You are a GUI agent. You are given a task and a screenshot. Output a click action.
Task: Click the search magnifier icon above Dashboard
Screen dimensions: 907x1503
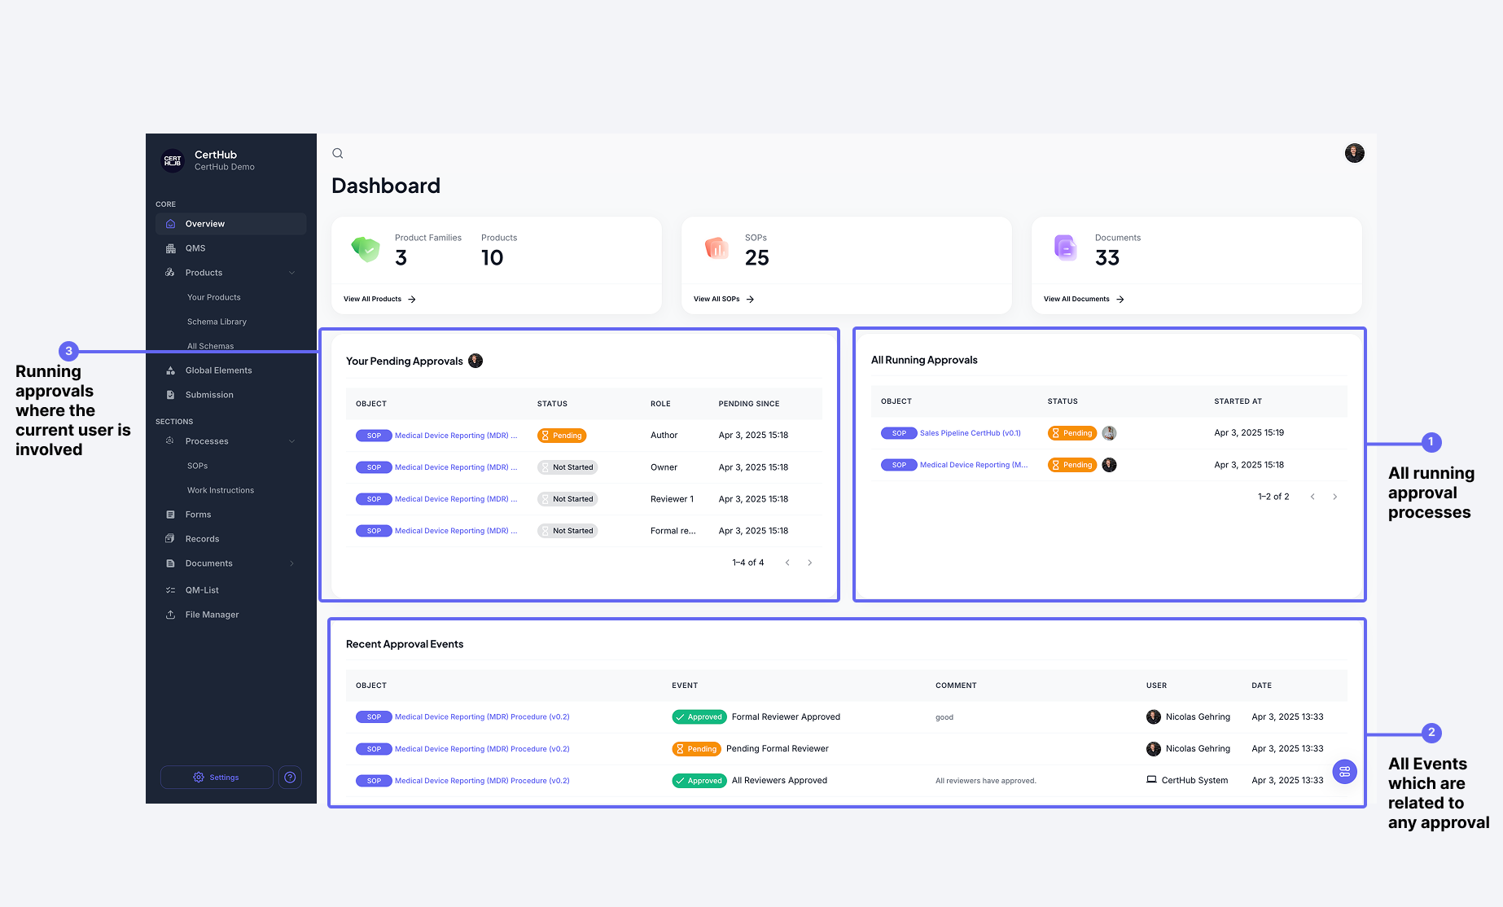338,153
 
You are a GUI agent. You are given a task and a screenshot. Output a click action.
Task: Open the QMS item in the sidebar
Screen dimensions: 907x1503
195,248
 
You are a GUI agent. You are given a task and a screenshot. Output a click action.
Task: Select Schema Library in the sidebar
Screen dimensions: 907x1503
217,322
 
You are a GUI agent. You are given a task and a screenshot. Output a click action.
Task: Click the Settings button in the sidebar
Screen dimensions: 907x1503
217,778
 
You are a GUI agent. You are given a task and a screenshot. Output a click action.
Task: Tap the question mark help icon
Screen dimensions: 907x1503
290,778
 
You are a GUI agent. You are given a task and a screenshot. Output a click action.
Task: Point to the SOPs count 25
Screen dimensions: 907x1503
756,258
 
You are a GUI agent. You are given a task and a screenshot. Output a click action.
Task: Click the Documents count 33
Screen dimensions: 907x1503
1107,258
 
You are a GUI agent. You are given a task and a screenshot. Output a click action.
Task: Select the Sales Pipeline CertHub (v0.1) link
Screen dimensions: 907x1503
970,433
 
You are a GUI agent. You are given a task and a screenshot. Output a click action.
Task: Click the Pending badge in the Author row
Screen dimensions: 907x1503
562,436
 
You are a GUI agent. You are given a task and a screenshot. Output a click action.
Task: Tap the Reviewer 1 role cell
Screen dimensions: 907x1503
672,499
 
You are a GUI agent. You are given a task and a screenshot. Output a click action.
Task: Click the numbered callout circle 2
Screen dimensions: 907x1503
1431,733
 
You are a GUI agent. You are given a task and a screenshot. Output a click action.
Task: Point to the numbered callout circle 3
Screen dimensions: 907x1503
68,351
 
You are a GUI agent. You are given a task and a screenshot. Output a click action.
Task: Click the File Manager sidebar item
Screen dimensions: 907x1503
212,615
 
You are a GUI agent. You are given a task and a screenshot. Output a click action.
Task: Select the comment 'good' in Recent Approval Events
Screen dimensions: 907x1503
944,717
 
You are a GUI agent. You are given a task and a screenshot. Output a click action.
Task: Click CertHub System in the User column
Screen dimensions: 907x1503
1194,780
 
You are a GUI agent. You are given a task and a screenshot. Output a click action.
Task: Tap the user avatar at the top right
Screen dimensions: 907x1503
1354,153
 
